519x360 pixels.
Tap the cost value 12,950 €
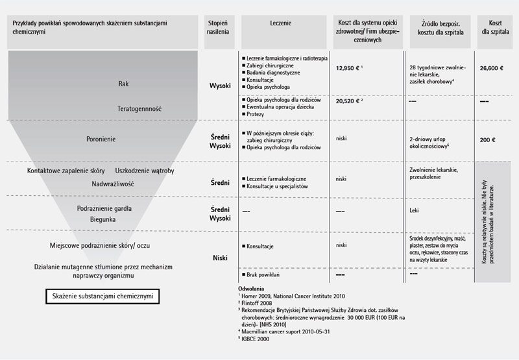348,67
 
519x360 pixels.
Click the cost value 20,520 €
349,102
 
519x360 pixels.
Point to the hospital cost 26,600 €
492,67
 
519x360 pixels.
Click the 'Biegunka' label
104,220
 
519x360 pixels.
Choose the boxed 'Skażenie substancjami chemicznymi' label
103,297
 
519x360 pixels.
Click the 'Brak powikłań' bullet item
265,275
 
